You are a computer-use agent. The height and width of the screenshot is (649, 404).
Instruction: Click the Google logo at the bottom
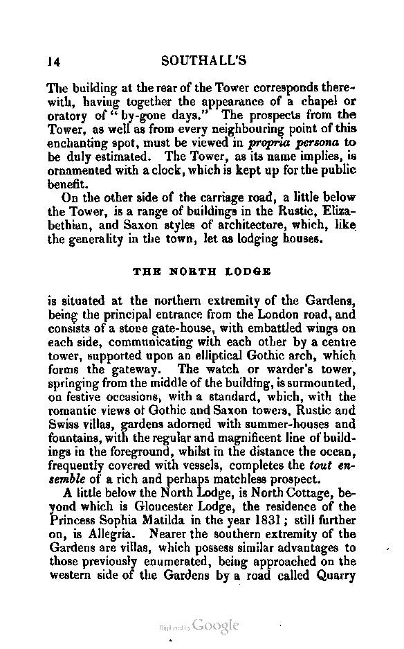pos(216,625)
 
